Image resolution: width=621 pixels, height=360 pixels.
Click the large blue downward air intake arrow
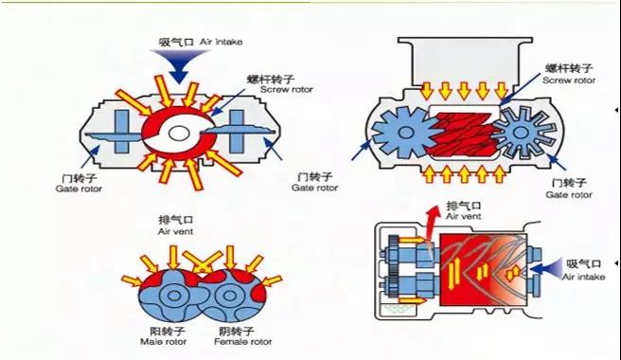[179, 65]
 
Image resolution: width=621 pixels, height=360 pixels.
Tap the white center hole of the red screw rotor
[179, 134]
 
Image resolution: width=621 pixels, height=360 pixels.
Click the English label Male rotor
[163, 341]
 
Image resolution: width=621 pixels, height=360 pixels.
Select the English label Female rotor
[243, 341]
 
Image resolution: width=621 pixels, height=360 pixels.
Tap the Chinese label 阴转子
[237, 331]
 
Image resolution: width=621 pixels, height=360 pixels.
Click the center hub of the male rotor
[173, 296]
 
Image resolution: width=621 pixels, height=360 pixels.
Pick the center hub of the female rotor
[230, 296]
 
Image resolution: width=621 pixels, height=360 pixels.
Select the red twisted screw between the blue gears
[463, 134]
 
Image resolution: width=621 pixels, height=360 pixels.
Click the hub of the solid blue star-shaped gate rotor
[405, 133]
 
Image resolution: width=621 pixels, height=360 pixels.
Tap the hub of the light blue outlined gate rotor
[519, 133]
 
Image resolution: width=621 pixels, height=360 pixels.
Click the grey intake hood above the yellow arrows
[466, 63]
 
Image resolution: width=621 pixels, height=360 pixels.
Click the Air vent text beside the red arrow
[463, 217]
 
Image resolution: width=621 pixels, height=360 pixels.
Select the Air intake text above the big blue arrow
[221, 42]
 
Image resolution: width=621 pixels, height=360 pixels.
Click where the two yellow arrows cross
[202, 270]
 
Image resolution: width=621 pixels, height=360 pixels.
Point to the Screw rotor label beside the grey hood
[569, 81]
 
